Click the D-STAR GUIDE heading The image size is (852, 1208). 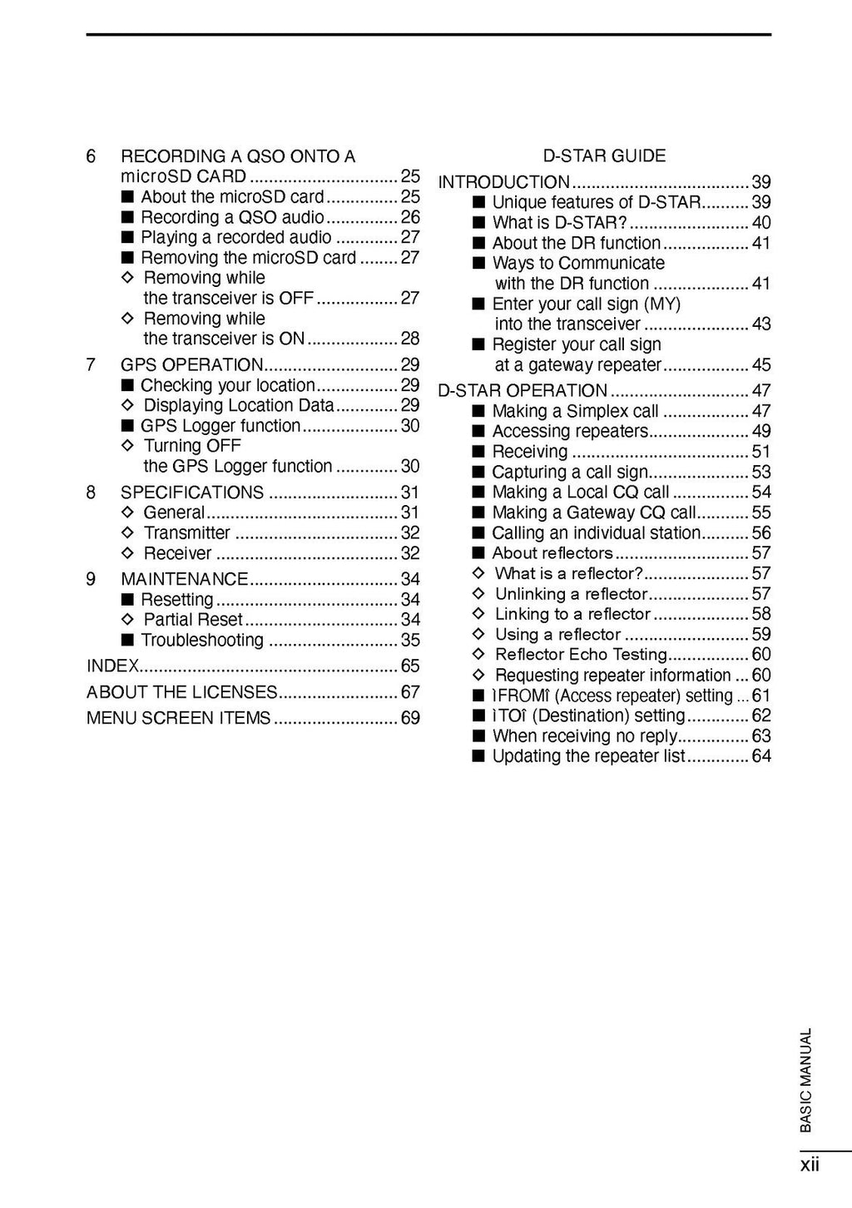click(x=604, y=156)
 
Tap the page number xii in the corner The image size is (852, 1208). click(x=810, y=1165)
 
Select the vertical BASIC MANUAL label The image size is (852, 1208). click(x=805, y=1080)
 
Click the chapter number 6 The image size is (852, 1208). click(x=92, y=156)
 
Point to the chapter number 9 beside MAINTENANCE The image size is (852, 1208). click(x=92, y=579)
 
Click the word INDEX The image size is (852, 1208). click(x=112, y=666)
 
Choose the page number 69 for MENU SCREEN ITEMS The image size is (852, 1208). click(x=410, y=718)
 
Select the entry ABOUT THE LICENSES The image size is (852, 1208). click(x=181, y=692)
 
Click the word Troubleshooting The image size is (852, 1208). click(x=202, y=641)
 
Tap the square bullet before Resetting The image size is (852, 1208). click(x=127, y=600)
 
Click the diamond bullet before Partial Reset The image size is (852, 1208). click(x=127, y=620)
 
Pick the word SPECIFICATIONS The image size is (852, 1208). click(x=192, y=493)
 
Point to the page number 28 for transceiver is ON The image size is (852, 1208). click(x=410, y=339)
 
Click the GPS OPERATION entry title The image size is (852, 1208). click(x=191, y=365)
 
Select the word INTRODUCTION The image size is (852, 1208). click(x=504, y=182)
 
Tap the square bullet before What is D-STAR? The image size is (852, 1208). click(x=478, y=223)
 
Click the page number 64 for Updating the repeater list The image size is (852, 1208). click(x=761, y=756)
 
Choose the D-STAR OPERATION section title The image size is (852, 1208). click(x=523, y=391)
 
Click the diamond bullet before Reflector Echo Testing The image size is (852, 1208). click(x=478, y=655)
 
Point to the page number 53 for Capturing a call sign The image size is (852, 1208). click(x=761, y=473)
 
